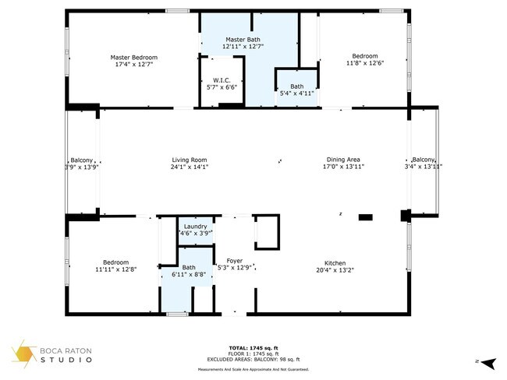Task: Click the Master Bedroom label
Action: pyautogui.click(x=133, y=58)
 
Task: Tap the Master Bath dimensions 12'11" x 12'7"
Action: pyautogui.click(x=243, y=47)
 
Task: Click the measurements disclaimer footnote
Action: pyautogui.click(x=253, y=369)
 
